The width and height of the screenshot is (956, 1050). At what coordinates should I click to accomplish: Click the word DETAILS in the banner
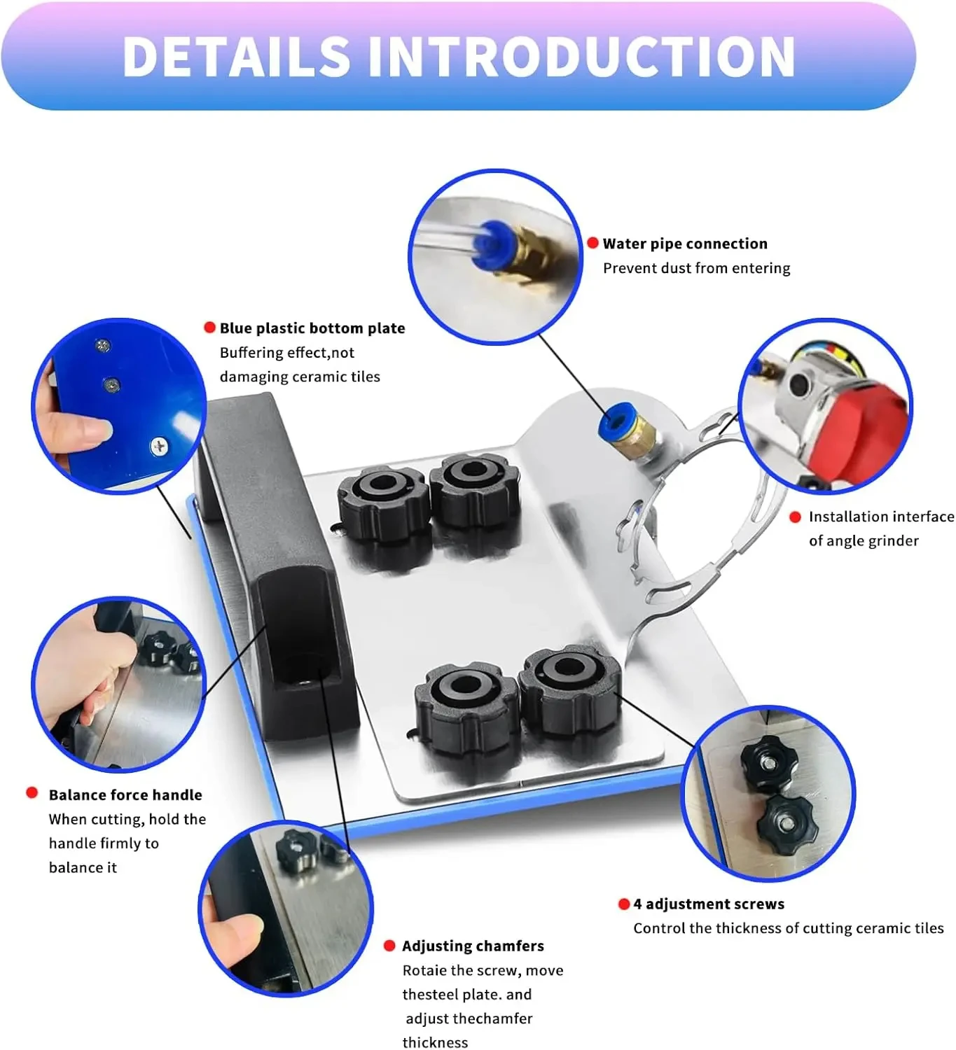coord(236,57)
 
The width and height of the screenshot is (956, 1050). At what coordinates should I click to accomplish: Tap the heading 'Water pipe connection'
coord(684,244)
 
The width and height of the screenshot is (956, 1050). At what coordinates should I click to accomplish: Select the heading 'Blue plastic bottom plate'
coord(312,328)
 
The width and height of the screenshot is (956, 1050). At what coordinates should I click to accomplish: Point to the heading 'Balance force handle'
coord(125,794)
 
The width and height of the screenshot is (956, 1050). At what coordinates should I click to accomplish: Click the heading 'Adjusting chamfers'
coord(473,946)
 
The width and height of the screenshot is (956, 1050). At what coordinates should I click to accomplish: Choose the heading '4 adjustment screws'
coord(708,904)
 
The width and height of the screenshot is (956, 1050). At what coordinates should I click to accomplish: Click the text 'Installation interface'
coord(880,517)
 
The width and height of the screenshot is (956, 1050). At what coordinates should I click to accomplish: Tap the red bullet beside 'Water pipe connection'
coord(593,243)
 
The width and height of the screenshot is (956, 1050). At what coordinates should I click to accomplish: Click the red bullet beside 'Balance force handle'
coord(32,792)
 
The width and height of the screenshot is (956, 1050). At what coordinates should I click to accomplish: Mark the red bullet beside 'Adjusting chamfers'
coord(389,946)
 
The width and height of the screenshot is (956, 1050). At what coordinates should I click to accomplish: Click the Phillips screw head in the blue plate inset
coord(160,446)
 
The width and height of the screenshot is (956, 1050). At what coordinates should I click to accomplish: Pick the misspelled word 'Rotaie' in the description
coord(424,970)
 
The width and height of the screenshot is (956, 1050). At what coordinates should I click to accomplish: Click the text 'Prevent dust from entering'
coord(696,268)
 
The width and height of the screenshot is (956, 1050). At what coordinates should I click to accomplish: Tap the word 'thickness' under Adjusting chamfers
coord(435,1042)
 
